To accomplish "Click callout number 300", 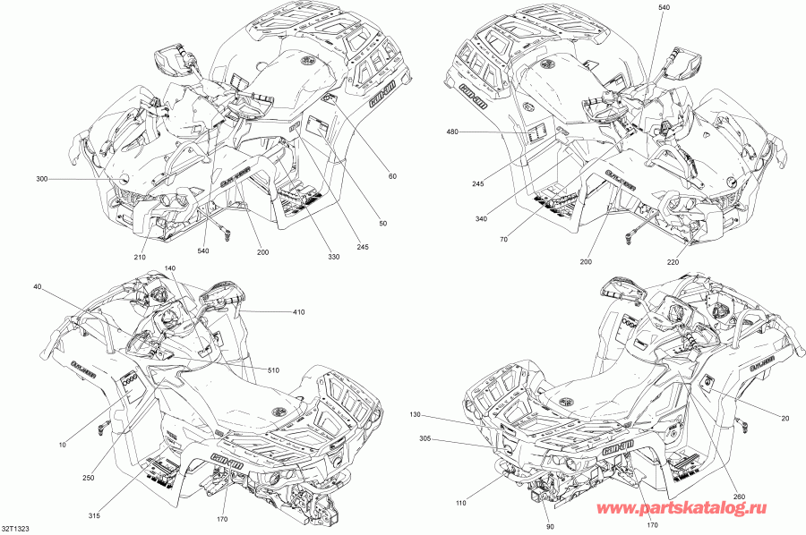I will point(41,180).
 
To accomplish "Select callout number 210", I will point(140,259).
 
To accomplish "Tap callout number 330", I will point(333,258).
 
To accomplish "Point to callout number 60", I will point(391,175).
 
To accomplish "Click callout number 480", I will point(451,132).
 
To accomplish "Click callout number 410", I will point(298,311).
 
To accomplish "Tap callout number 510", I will point(272,369).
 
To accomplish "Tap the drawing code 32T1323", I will point(18,530).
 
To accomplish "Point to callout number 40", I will point(37,286).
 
